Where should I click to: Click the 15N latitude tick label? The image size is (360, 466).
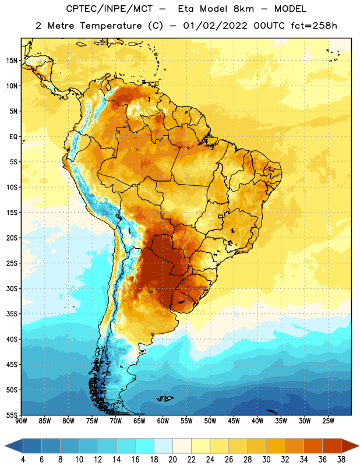[x=12, y=61]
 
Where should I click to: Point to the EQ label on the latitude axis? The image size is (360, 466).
[x=13, y=137]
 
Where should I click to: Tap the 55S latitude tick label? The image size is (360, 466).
[x=12, y=415]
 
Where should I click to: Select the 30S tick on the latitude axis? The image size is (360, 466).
[x=12, y=288]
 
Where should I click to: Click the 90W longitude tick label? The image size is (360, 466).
[x=21, y=421]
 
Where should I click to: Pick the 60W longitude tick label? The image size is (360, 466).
[x=163, y=421]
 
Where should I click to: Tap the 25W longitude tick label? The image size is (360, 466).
[x=328, y=421]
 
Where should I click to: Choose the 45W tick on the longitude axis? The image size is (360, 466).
[x=234, y=421]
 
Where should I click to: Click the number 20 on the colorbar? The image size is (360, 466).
[x=172, y=460]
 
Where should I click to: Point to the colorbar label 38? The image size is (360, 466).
[x=341, y=460]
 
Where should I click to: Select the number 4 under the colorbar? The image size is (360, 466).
[x=23, y=460]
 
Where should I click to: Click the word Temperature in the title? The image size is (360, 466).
[x=111, y=26]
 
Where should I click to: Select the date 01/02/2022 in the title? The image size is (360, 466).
[x=215, y=26]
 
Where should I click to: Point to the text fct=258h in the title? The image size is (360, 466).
[x=314, y=26]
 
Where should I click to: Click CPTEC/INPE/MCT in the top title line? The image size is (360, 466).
[x=110, y=9]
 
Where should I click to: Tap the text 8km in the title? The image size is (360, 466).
[x=243, y=9]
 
